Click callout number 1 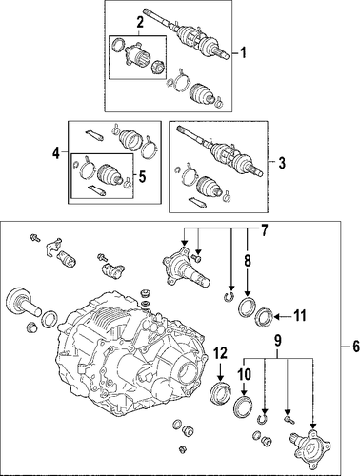243,52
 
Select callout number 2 139,24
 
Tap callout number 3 281,163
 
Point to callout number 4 56,154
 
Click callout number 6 355,346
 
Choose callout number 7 264,230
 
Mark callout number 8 248,261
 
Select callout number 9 278,341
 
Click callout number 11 299,316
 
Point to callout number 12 221,353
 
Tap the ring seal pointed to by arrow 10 244,406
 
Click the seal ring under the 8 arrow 247,307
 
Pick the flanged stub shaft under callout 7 184,268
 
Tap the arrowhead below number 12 221,379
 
